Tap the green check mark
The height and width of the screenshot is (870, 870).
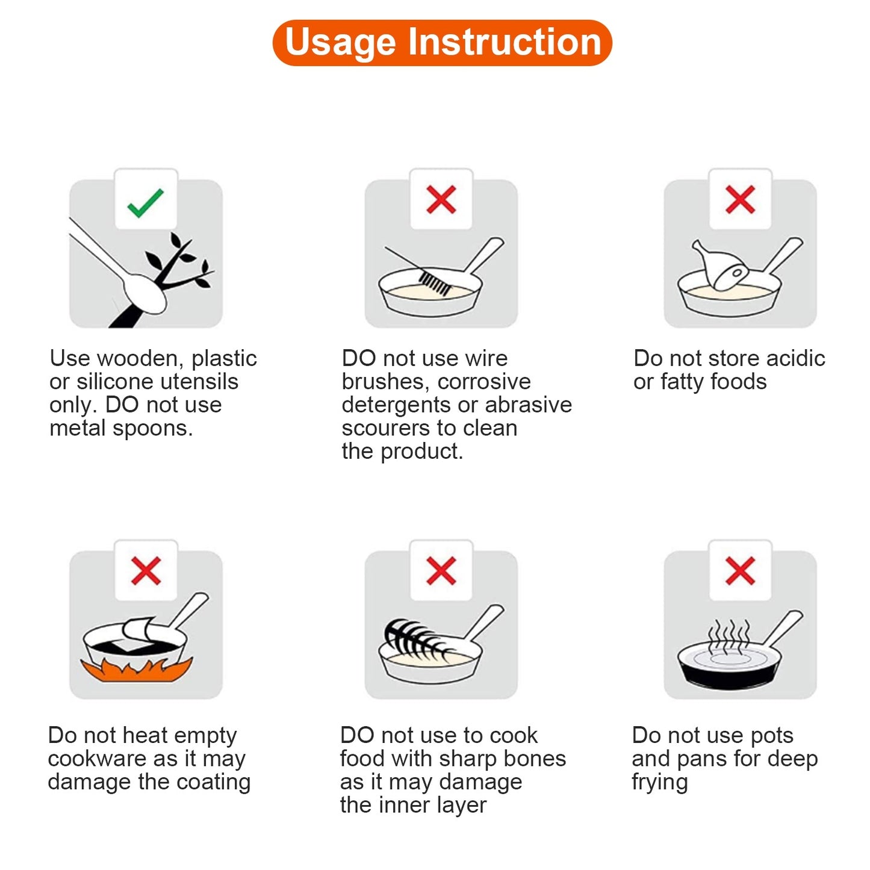145,203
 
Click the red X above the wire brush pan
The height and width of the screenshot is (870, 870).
441,199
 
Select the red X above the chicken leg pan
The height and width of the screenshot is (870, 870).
740,199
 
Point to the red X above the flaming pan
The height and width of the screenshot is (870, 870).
146,571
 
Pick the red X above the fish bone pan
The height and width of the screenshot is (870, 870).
441,571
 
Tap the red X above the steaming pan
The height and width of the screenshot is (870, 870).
740,571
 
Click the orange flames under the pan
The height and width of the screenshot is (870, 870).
137,670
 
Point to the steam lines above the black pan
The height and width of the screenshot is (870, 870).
729,636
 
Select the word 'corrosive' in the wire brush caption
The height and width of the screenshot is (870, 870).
484,382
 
